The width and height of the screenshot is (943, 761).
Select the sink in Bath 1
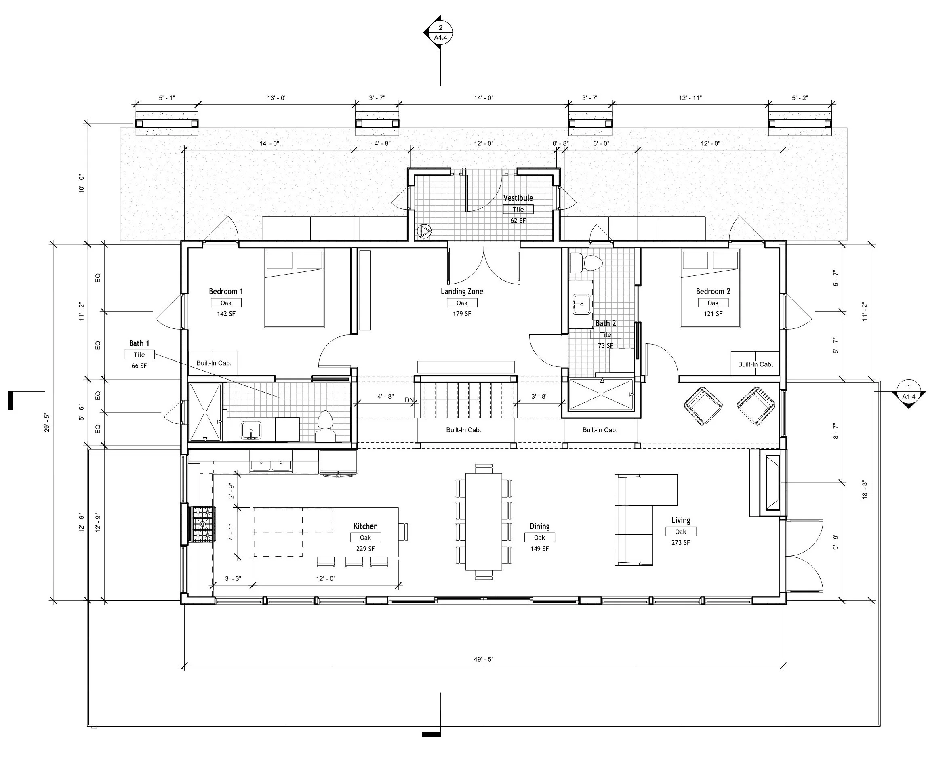click(251, 431)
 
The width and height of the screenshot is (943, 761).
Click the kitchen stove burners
click(202, 524)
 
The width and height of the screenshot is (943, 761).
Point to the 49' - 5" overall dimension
click(483, 659)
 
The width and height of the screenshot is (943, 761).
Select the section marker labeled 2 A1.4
click(440, 33)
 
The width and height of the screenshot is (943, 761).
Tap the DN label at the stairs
click(408, 400)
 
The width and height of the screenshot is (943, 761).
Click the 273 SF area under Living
click(680, 543)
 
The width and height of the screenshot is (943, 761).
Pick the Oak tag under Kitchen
click(365, 538)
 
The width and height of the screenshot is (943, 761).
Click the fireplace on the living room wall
click(772, 483)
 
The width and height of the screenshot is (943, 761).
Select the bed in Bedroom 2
click(710, 288)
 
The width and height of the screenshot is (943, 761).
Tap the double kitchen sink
click(271, 465)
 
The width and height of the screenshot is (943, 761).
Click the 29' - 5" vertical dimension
click(47, 423)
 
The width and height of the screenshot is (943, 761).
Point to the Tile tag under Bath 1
click(139, 355)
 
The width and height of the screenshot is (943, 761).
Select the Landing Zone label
click(462, 292)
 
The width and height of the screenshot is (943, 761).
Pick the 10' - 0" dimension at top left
click(82, 184)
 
